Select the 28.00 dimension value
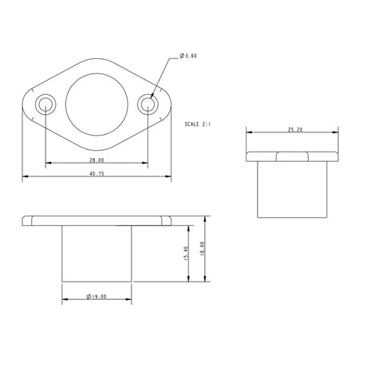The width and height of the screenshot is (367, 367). [x=96, y=160]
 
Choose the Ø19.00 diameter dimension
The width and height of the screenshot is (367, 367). [x=96, y=296]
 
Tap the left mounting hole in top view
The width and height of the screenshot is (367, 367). [x=45, y=105]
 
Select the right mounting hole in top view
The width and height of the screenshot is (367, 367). [x=147, y=105]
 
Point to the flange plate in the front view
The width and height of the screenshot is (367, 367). [x=96, y=219]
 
